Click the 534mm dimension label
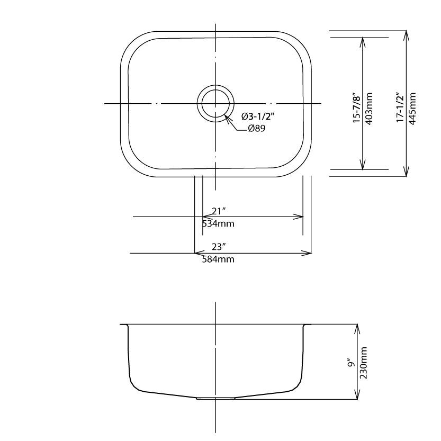(x=218, y=223)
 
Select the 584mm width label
(x=218, y=259)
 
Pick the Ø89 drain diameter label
(x=256, y=129)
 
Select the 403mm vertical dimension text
(x=369, y=109)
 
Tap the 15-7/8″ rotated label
(x=357, y=109)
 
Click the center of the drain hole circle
(x=215, y=103)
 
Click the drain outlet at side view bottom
(x=215, y=398)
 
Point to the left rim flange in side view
(x=124, y=325)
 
